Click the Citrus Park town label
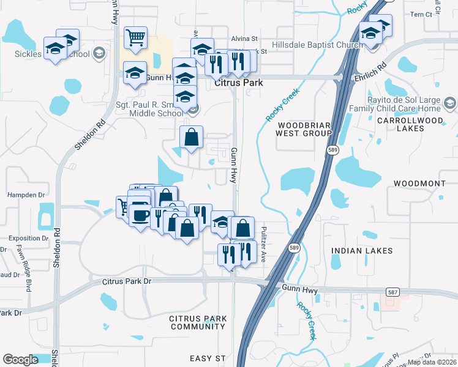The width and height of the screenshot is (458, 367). pos(239,83)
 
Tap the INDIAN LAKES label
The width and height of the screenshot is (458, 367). pos(356,251)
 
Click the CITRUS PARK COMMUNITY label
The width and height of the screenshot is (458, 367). pos(198,322)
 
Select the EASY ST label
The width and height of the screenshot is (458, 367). pos(208,358)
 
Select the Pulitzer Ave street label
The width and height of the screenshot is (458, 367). pos(264,235)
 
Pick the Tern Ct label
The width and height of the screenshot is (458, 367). pos(421,14)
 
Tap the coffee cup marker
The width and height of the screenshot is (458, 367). pos(140,215)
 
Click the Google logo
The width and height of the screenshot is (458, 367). pos(20,360)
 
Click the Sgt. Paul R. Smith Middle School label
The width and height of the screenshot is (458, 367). pos(151,109)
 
